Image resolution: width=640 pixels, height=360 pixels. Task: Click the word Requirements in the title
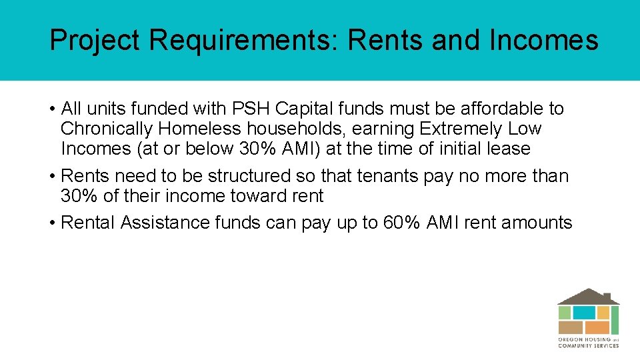pyautogui.click(x=243, y=41)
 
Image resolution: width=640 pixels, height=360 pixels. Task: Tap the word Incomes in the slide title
pyautogui.click(x=543, y=41)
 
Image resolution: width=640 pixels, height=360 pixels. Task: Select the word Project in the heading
pyautogui.click(x=95, y=41)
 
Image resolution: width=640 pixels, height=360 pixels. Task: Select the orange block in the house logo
pyautogui.click(x=597, y=327)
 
